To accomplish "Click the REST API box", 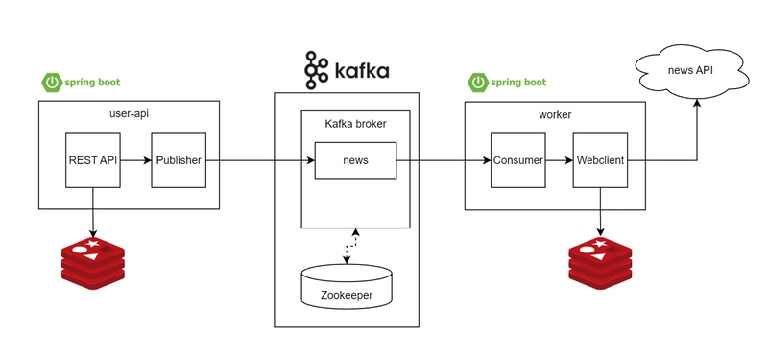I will pyautogui.click(x=93, y=160).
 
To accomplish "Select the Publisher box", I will pyautogui.click(x=179, y=160).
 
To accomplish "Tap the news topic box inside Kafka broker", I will pyautogui.click(x=355, y=160).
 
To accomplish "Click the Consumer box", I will pyautogui.click(x=518, y=160).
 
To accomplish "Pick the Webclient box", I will pyautogui.click(x=600, y=160).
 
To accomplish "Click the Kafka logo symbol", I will pyautogui.click(x=316, y=70).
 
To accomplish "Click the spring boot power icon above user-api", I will pyautogui.click(x=51, y=83).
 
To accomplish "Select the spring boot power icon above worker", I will pyautogui.click(x=477, y=83).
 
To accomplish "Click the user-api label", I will pyautogui.click(x=130, y=114).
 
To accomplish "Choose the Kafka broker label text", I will pyautogui.click(x=355, y=123).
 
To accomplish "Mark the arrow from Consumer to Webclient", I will pyautogui.click(x=560, y=160).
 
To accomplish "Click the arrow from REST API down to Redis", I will pyautogui.click(x=93, y=213).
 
